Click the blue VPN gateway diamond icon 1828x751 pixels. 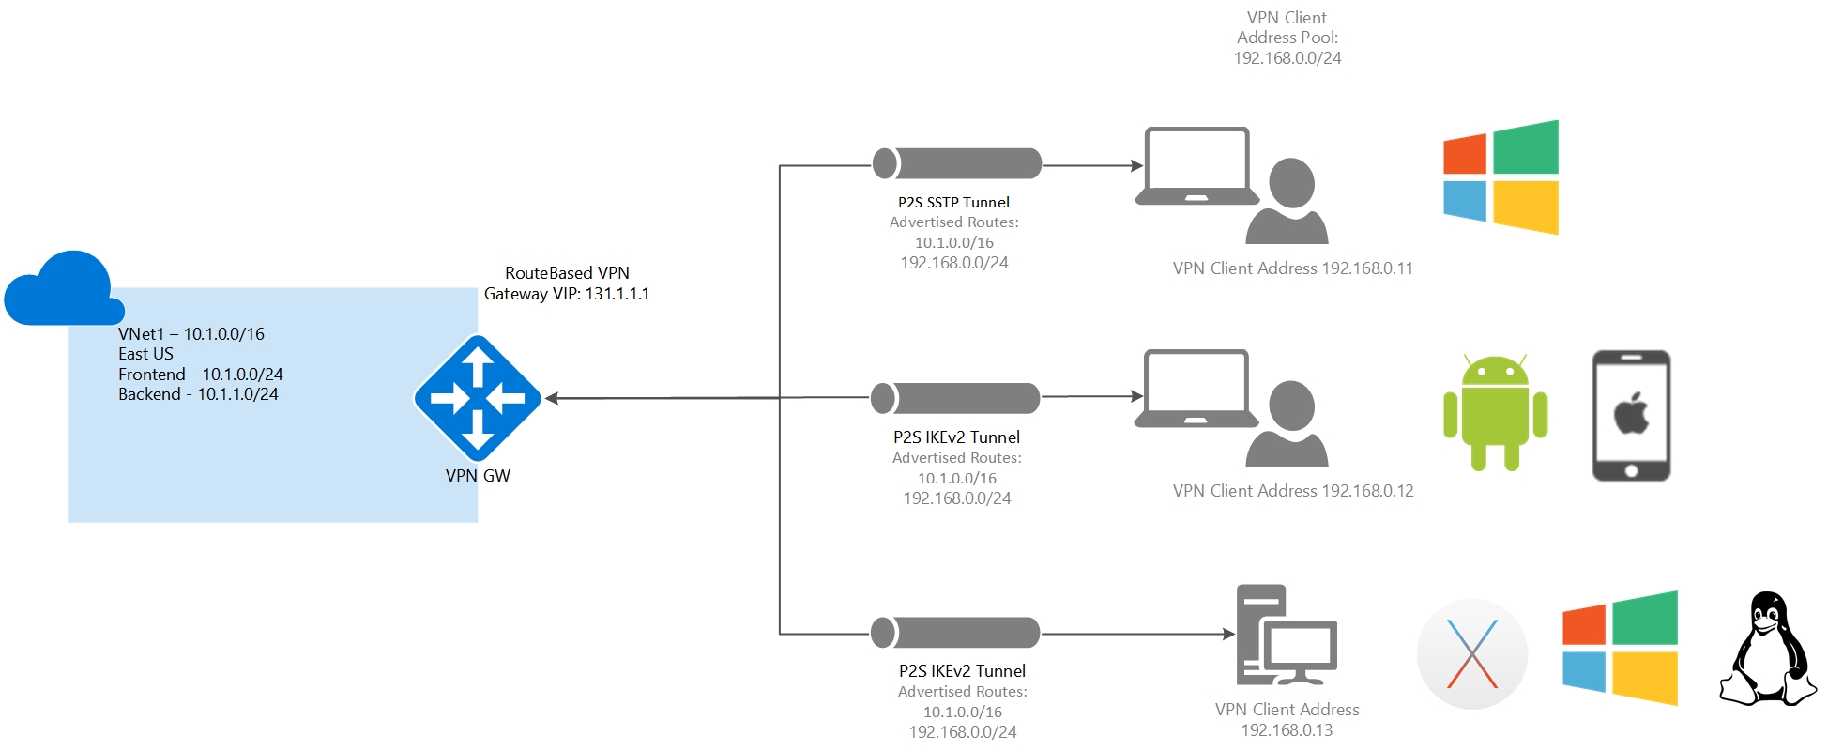point(478,398)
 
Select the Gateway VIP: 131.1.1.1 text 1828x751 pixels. point(566,294)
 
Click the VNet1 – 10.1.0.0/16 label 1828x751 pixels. point(191,334)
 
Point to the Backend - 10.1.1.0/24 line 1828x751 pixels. point(198,394)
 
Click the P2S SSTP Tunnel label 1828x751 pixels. point(953,202)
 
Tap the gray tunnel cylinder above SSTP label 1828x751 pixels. point(957,163)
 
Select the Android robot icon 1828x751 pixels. point(1495,413)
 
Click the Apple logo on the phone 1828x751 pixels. point(1631,414)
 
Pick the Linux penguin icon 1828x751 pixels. point(1767,650)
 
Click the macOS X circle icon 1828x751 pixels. point(1471,653)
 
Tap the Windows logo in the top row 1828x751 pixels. point(1501,177)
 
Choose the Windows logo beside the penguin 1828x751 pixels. point(1620,648)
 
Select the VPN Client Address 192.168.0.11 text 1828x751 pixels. point(1292,268)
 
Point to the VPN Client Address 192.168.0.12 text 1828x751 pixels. point(1292,491)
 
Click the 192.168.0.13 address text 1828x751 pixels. point(1287,730)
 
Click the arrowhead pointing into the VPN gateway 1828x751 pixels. point(553,398)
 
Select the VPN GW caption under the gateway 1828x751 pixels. point(478,476)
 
